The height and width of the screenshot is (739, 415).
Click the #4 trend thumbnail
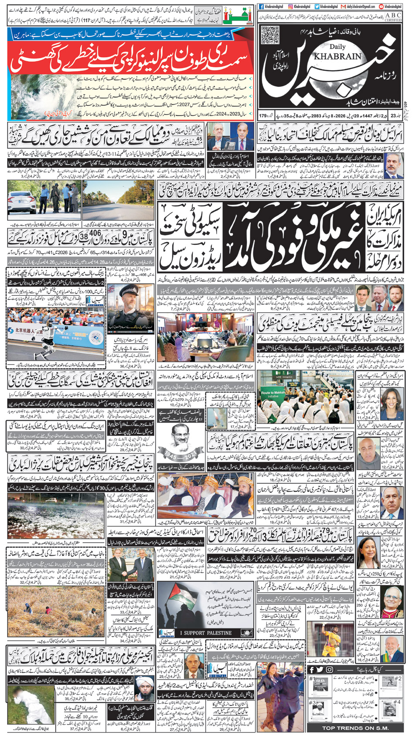[x=388, y=709]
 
